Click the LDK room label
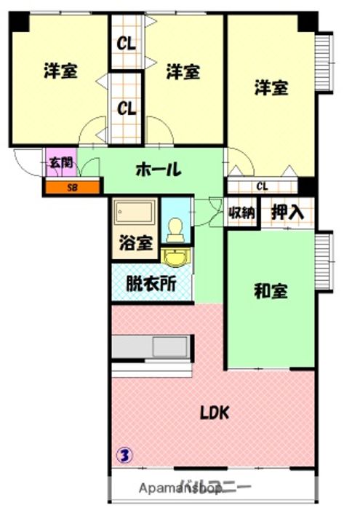click(x=215, y=413)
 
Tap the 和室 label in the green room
click(x=271, y=292)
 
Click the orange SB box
click(x=71, y=188)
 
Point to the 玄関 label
click(x=60, y=163)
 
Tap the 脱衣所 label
click(x=151, y=285)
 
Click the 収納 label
click(x=242, y=213)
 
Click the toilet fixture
click(x=174, y=230)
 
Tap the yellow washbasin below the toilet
click(x=175, y=258)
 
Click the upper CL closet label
click(x=127, y=44)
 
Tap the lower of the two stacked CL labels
click(x=127, y=110)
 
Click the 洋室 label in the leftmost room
click(x=60, y=71)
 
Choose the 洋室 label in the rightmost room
click(x=271, y=88)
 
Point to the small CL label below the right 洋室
click(x=262, y=186)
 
